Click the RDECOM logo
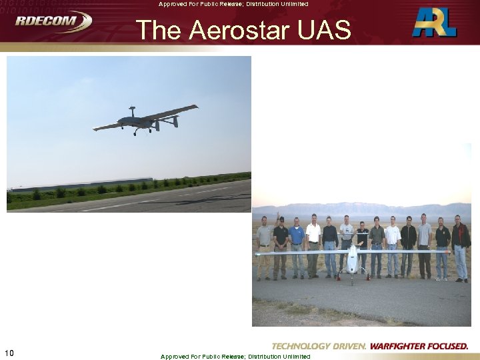pos(53,21)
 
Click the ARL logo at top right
pos(434,22)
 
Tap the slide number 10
pos(9,353)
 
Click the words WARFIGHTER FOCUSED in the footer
pos(419,346)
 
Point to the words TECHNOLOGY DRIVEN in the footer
pos(319,346)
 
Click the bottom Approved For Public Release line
pos(235,356)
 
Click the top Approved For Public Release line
pos(233,4)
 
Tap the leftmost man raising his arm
pos(265,243)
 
